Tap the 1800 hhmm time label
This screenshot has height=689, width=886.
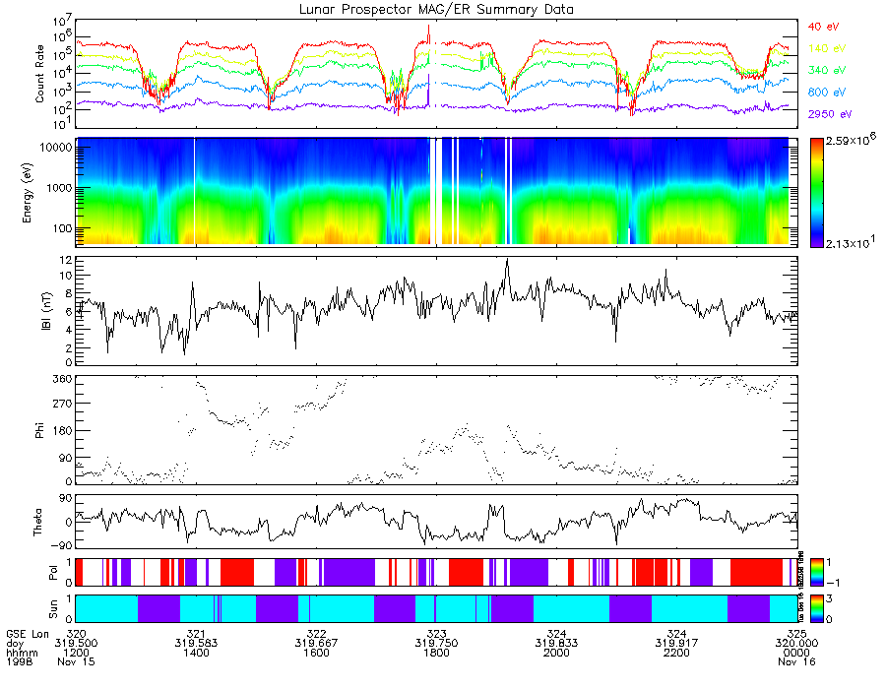436,652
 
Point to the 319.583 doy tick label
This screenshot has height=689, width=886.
196,642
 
